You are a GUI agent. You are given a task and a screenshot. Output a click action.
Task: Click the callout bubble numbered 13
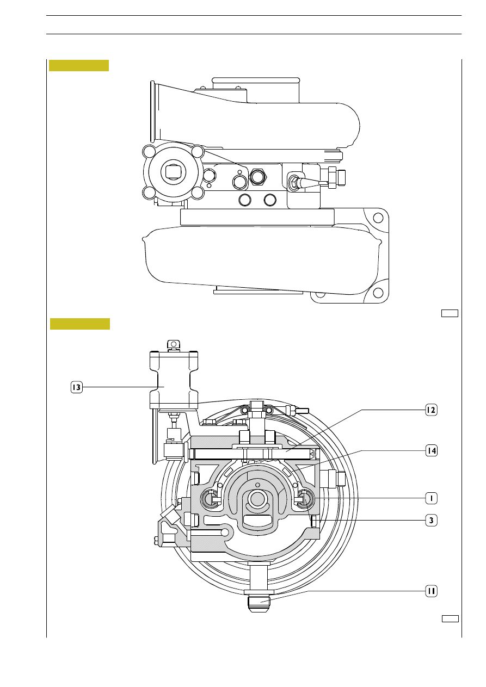(x=77, y=387)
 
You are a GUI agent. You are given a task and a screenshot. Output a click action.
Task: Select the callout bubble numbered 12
(x=431, y=410)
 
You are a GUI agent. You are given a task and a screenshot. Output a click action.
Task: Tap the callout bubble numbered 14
(x=431, y=450)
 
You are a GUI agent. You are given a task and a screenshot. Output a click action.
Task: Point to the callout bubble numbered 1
(x=431, y=498)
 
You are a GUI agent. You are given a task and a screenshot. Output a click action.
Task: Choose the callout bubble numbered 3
(x=431, y=520)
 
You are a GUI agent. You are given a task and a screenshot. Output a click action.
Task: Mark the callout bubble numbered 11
(x=431, y=591)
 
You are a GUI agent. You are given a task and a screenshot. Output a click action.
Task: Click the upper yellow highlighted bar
(x=79, y=65)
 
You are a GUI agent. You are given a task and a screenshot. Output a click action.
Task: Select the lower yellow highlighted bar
(x=80, y=324)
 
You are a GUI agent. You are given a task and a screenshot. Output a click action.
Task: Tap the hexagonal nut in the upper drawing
(x=258, y=177)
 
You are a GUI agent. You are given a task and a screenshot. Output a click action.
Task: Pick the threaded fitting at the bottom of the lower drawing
(x=259, y=604)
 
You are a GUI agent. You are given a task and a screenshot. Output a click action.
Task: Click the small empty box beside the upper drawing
(x=450, y=313)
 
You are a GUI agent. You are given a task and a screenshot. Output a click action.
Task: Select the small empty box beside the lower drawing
(x=450, y=618)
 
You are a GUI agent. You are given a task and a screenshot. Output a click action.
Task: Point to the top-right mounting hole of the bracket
(x=378, y=218)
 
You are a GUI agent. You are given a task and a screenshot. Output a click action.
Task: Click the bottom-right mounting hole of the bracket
(x=378, y=293)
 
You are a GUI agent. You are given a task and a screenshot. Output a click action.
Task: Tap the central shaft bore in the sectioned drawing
(x=257, y=499)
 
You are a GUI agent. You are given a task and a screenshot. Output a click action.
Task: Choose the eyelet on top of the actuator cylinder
(x=174, y=344)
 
